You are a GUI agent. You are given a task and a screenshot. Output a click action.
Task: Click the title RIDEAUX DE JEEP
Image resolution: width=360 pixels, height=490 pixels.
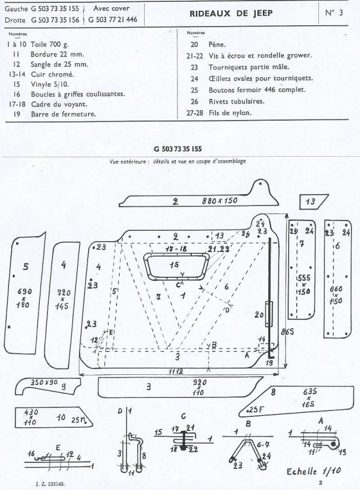tap(231, 13)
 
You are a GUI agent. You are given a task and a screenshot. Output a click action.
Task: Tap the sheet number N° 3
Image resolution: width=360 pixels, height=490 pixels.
tap(333, 13)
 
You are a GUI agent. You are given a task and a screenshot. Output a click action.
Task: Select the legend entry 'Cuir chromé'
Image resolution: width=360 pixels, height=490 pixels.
tap(52, 74)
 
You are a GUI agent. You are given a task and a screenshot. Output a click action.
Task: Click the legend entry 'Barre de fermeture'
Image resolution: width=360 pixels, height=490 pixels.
tap(63, 114)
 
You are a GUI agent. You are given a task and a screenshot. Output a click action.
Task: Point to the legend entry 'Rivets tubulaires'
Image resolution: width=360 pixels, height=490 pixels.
tap(236, 101)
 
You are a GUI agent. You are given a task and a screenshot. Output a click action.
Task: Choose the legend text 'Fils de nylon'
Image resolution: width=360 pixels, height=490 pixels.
tap(230, 113)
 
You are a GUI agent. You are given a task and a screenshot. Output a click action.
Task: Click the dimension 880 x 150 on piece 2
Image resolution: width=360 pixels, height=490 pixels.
tap(219, 200)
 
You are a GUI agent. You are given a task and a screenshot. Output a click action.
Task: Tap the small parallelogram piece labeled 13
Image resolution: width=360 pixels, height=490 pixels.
tap(314, 201)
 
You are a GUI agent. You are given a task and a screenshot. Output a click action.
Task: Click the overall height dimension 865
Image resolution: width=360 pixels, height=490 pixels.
tap(287, 331)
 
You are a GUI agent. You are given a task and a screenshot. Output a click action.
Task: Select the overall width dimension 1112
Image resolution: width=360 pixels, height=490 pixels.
tap(175, 371)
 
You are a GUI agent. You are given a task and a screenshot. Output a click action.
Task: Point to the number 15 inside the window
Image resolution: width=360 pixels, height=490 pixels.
tap(174, 265)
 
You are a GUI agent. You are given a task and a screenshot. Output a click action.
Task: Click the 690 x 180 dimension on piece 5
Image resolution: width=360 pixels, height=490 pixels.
tap(24, 297)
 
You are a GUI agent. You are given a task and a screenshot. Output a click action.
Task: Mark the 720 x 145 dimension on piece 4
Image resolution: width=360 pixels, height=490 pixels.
tap(63, 300)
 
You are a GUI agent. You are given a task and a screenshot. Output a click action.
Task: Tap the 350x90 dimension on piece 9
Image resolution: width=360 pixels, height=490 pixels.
tap(43, 382)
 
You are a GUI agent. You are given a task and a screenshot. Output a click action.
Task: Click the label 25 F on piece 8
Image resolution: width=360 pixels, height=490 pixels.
tap(255, 409)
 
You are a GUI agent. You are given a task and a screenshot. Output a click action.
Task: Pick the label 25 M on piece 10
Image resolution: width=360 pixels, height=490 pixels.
tap(78, 419)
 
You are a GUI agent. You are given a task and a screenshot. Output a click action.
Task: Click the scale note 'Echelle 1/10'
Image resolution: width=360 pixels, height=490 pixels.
tap(314, 471)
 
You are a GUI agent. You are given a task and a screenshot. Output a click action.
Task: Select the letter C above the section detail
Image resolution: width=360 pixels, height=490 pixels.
tap(183, 416)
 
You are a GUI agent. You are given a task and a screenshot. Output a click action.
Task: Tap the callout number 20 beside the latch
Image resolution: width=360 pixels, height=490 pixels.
tap(259, 315)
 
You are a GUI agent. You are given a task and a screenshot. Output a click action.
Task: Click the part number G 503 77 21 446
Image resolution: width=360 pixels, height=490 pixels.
tap(113, 19)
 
